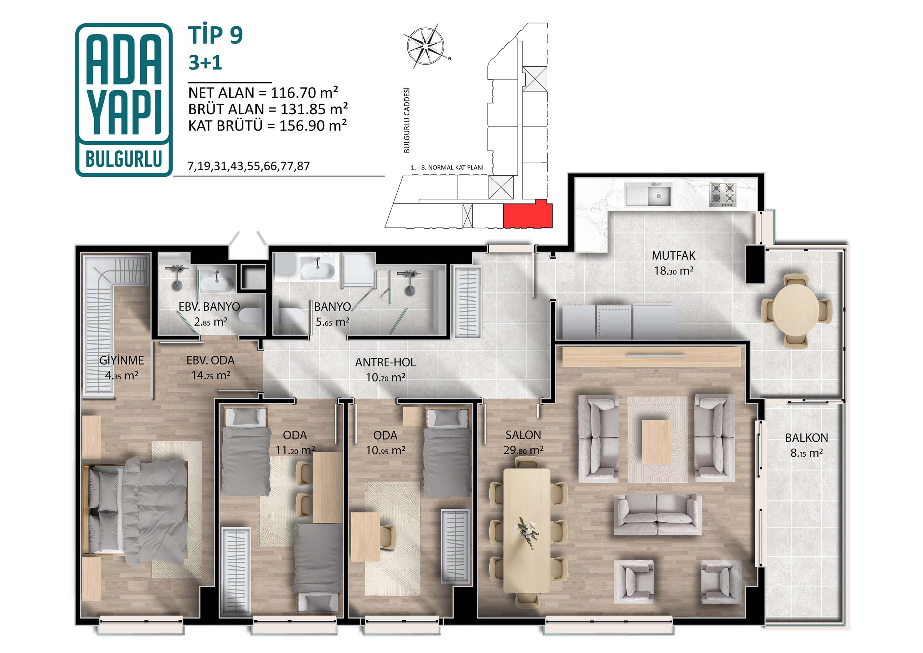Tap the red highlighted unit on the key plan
click(528, 213)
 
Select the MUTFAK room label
click(674, 255)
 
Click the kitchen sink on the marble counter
click(648, 195)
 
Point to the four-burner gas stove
click(723, 195)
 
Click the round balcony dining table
click(796, 310)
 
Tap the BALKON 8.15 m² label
click(807, 445)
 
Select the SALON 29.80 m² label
click(524, 442)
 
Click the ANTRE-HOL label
click(385, 362)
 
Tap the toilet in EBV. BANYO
click(251, 316)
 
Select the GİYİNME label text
click(122, 360)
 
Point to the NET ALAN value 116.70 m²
click(304, 93)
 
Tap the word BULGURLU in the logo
click(124, 159)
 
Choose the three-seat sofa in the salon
click(658, 515)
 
